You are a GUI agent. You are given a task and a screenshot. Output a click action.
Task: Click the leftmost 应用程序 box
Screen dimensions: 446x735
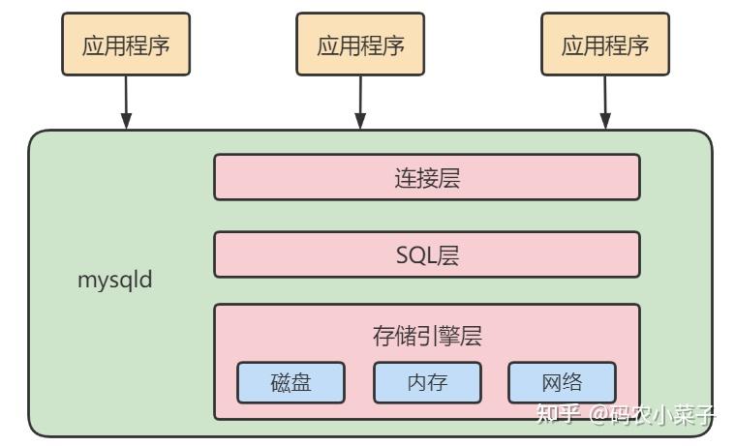pyautogui.click(x=126, y=45)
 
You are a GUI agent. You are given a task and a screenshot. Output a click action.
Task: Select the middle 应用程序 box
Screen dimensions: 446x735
pyautogui.click(x=360, y=45)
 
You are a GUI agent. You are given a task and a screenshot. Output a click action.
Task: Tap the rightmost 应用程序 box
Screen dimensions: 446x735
pyautogui.click(x=604, y=45)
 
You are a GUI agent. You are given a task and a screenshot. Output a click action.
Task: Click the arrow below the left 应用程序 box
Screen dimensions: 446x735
pyautogui.click(x=126, y=101)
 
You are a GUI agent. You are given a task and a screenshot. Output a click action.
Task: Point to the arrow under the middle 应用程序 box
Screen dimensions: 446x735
pyautogui.click(x=360, y=101)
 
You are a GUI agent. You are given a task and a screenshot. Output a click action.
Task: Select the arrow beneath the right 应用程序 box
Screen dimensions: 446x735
pyautogui.click(x=604, y=101)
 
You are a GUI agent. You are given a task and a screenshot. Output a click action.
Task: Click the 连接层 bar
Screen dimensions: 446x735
pyautogui.click(x=426, y=177)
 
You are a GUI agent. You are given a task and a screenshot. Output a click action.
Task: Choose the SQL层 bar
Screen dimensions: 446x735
pyautogui.click(x=426, y=254)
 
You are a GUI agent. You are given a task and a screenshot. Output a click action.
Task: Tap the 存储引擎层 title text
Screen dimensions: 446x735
pyautogui.click(x=426, y=336)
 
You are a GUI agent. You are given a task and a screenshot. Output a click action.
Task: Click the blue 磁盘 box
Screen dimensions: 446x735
pyautogui.click(x=290, y=383)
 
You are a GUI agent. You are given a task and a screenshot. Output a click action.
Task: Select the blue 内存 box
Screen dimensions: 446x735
pyautogui.click(x=427, y=383)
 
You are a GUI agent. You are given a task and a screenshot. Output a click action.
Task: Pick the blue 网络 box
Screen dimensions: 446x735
pyautogui.click(x=562, y=383)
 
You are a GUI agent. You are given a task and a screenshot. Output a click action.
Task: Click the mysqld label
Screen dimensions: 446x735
pyautogui.click(x=115, y=282)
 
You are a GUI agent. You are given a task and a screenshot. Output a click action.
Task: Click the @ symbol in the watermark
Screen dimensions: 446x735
pyautogui.click(x=597, y=416)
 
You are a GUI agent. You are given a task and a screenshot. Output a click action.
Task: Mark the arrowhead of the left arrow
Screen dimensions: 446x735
pyautogui.click(x=126, y=121)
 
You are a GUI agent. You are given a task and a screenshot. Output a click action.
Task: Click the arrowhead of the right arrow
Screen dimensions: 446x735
pyautogui.click(x=604, y=121)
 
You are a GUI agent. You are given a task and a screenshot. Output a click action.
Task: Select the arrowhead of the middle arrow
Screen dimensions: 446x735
pyautogui.click(x=360, y=121)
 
